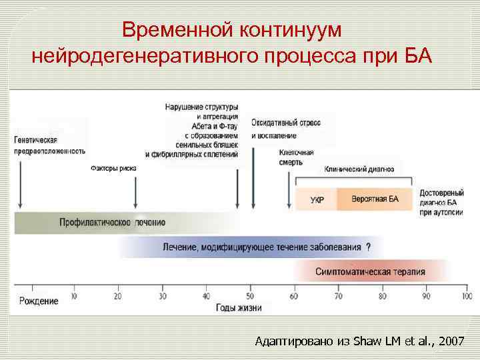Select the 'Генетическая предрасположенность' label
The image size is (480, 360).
click(49, 145)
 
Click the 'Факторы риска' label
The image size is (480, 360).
click(113, 169)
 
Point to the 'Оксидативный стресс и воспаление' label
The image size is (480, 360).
click(286, 129)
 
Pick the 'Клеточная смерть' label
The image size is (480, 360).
click(296, 157)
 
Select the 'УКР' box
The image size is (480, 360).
click(317, 199)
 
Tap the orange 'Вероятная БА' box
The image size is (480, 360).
click(374, 199)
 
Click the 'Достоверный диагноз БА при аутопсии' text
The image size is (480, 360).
click(442, 202)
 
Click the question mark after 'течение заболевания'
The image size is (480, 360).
click(368, 247)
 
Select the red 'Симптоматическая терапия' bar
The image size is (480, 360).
click(370, 272)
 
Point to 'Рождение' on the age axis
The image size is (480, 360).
click(39, 301)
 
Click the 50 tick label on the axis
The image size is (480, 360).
click(249, 296)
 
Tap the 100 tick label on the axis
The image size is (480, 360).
click(466, 296)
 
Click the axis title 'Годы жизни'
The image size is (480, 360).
click(239, 308)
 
